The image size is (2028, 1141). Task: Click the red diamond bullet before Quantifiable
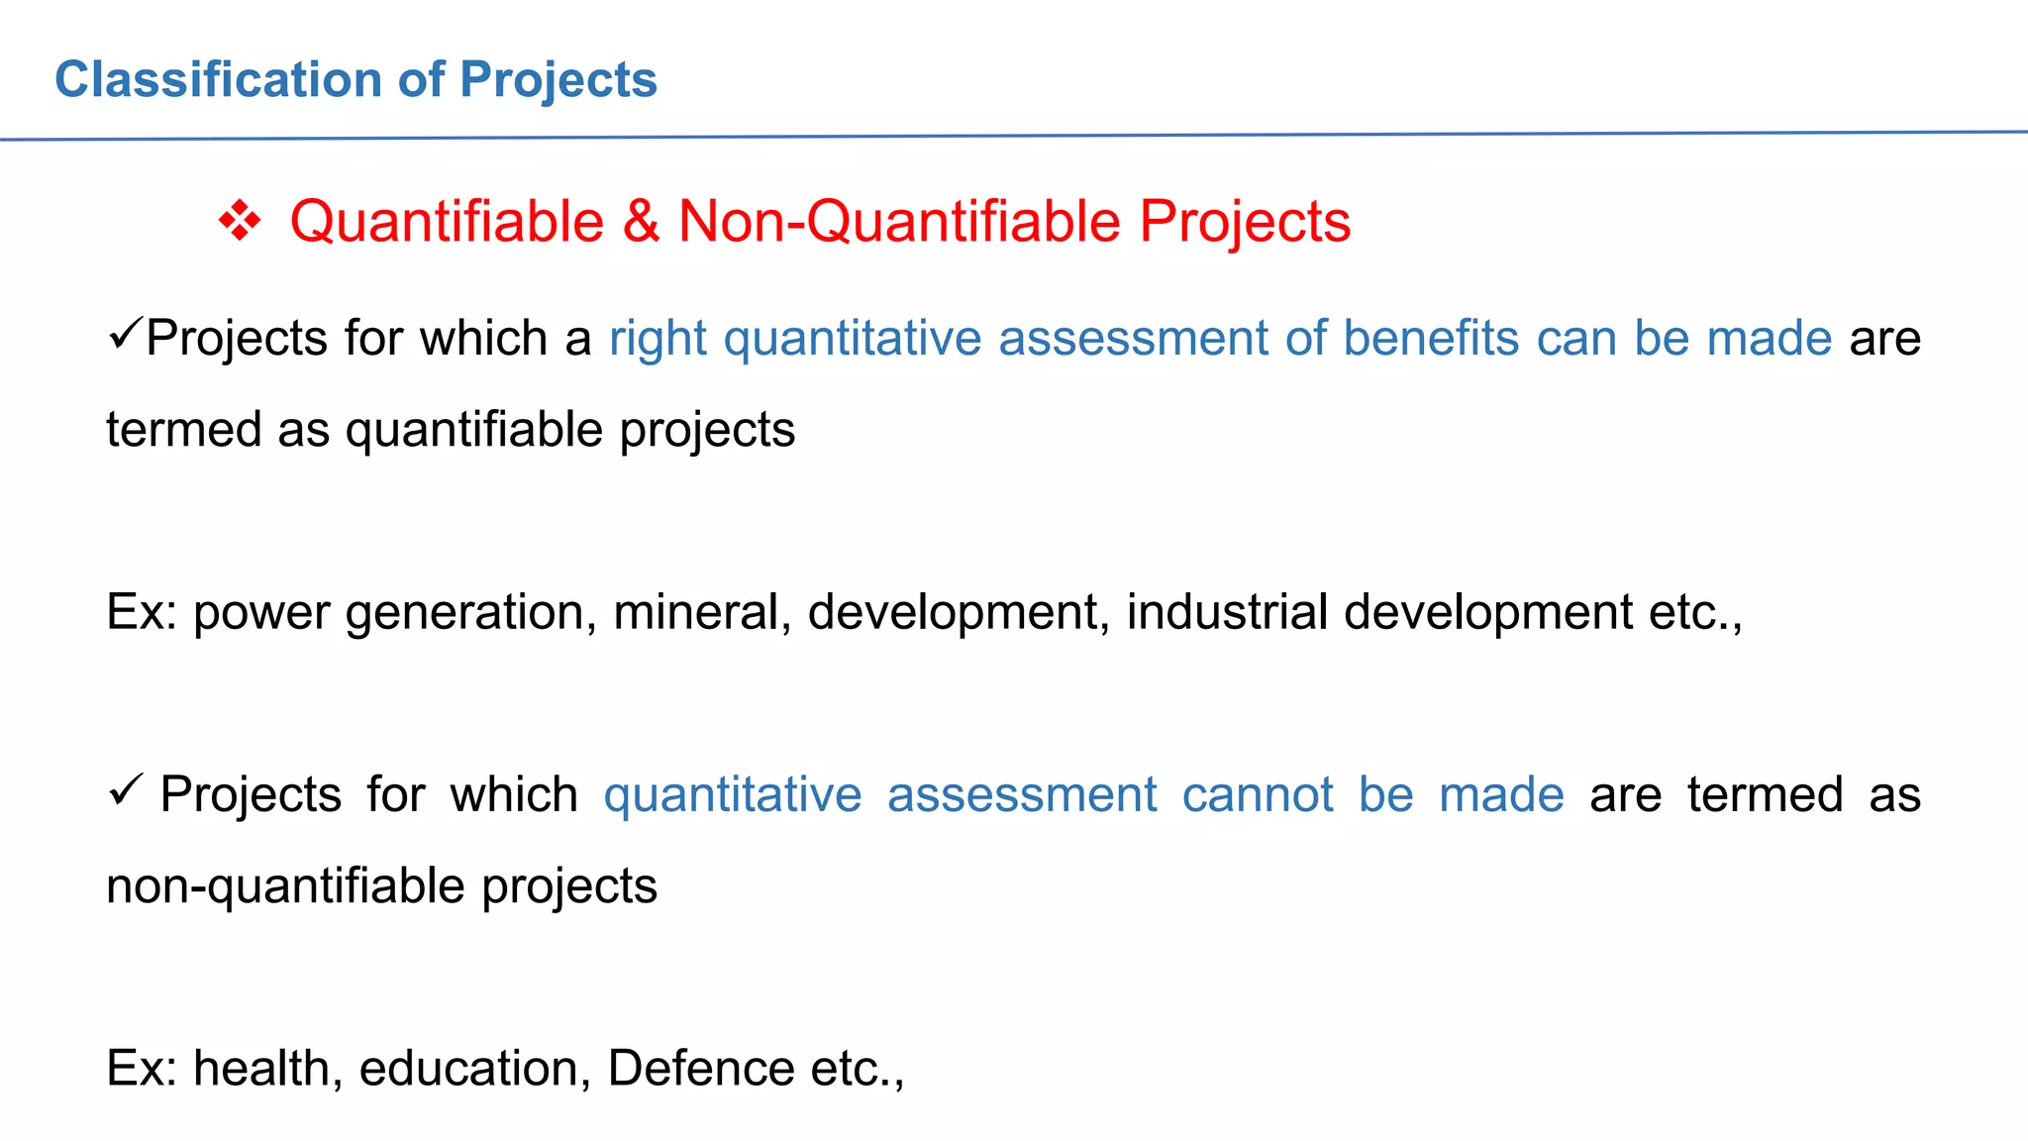pyautogui.click(x=240, y=221)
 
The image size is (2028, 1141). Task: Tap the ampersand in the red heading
pyautogui.click(x=641, y=221)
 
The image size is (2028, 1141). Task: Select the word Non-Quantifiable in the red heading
pyautogui.click(x=899, y=221)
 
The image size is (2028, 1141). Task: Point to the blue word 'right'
pyautogui.click(x=658, y=339)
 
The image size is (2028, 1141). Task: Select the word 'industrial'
pyautogui.click(x=1227, y=612)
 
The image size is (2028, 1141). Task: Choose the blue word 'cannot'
pyautogui.click(x=1258, y=795)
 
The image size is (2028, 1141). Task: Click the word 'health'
pyautogui.click(x=267, y=1069)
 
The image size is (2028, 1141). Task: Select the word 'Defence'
pyautogui.click(x=701, y=1069)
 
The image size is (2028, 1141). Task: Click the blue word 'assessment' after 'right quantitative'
pyautogui.click(x=1133, y=339)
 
